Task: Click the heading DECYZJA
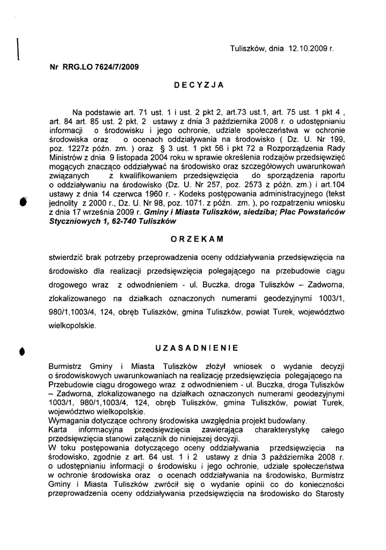(199, 85)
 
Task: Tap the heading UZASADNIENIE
(198, 348)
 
